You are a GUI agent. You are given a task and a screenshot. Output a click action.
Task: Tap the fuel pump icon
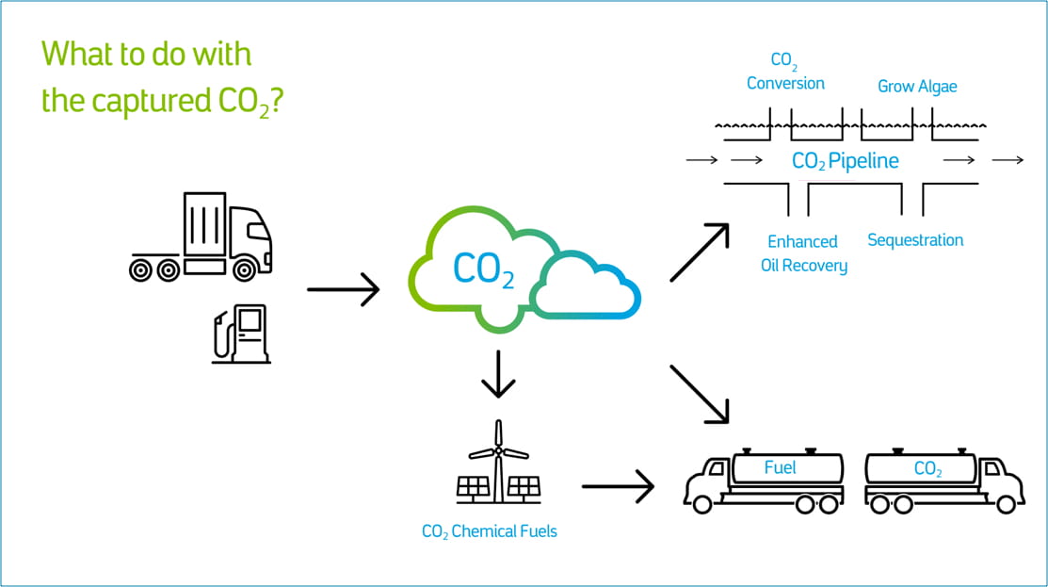pyautogui.click(x=242, y=334)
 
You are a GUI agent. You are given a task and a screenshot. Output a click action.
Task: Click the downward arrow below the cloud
pyautogui.click(x=498, y=376)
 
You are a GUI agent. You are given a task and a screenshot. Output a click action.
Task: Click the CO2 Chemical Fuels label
pyautogui.click(x=489, y=531)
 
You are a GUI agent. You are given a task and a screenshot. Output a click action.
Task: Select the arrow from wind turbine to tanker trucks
pyautogui.click(x=618, y=486)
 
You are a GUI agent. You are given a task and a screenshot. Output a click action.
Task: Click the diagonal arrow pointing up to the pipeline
pyautogui.click(x=700, y=253)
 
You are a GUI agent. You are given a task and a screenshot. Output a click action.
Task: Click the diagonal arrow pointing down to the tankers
pyautogui.click(x=700, y=393)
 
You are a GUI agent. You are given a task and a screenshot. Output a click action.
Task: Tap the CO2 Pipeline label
pyautogui.click(x=845, y=161)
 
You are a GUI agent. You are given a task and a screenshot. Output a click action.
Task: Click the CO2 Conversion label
pyautogui.click(x=785, y=73)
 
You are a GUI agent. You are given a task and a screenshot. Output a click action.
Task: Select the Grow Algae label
pyautogui.click(x=916, y=87)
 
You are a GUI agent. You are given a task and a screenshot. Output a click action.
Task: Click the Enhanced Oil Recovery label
pyautogui.click(x=803, y=253)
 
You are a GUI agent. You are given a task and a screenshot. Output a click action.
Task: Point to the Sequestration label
pyautogui.click(x=914, y=240)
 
